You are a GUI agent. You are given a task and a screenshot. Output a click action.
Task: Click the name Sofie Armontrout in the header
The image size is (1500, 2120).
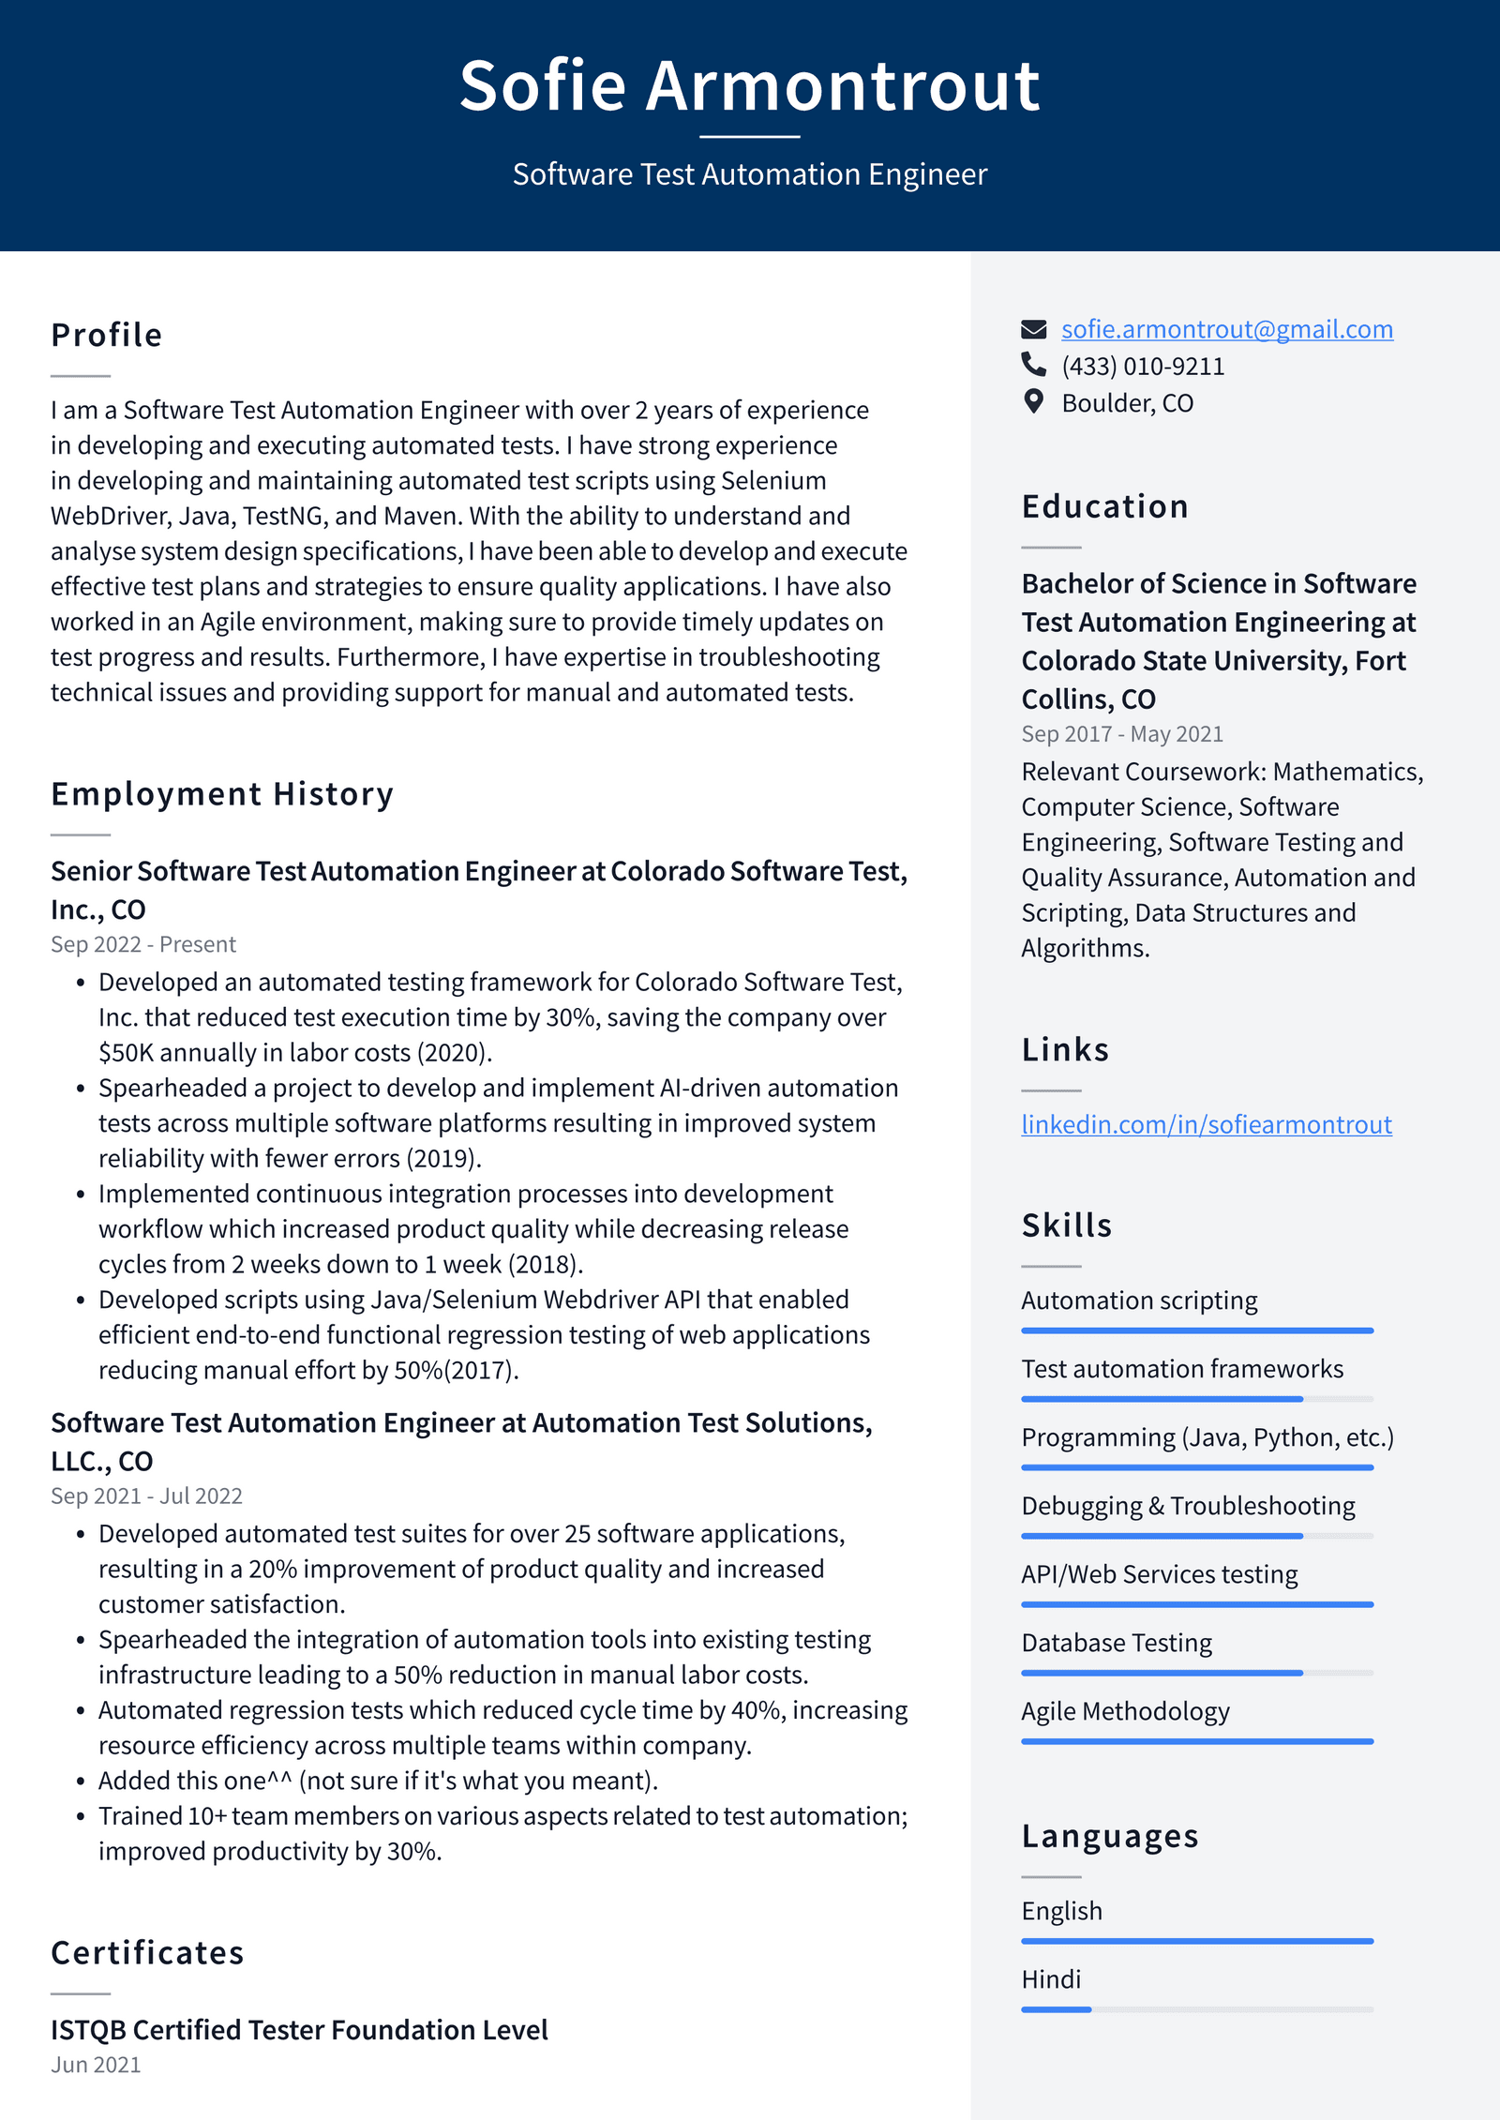coord(749,86)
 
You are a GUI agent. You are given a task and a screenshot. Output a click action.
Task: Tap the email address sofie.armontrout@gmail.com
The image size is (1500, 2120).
coord(1226,329)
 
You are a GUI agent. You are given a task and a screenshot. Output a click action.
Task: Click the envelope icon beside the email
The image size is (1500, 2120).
coord(1033,329)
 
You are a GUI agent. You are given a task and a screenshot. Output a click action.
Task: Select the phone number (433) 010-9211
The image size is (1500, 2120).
coord(1142,367)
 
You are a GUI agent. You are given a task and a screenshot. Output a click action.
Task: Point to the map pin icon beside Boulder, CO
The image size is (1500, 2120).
coord(1033,402)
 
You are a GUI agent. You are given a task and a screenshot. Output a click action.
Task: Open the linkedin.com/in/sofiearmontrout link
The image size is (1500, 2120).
coord(1206,1124)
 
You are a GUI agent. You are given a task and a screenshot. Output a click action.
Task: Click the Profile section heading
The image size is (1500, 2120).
coord(107,336)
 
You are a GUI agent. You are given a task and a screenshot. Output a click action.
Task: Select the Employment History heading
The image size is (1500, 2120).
coord(222,794)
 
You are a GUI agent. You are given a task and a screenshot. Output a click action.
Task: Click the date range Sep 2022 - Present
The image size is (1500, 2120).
coord(143,944)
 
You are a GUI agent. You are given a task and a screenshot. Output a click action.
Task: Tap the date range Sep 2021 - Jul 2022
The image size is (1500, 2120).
coord(146,1496)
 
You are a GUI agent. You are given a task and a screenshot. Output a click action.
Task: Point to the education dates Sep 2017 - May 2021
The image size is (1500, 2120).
coord(1122,734)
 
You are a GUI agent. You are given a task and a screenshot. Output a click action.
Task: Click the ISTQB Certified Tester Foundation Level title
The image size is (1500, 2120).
coord(299,2030)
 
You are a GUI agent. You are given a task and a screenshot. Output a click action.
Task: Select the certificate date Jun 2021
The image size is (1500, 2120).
coord(96,2065)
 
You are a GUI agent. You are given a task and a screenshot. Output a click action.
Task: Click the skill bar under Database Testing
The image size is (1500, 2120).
coord(1196,1673)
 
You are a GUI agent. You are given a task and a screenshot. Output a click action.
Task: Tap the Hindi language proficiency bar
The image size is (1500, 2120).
coord(1196,2009)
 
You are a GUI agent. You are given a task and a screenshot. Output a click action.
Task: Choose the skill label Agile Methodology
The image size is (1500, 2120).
coord(1125,1711)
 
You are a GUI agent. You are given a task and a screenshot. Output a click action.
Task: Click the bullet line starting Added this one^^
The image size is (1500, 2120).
coord(378,1781)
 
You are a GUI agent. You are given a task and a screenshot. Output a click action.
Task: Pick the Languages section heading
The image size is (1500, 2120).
coord(1110,1836)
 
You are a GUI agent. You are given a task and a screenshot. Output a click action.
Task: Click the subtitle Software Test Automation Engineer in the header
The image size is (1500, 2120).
coord(749,174)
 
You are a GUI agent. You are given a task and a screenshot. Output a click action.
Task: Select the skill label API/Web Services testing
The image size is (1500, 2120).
coord(1159,1574)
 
